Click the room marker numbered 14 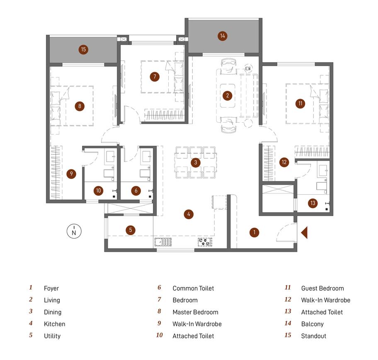(x=222, y=36)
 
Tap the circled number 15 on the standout (x=83, y=49)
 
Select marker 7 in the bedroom (x=155, y=77)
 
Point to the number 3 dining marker (x=196, y=162)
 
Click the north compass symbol (x=74, y=231)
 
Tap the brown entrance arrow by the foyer (x=304, y=233)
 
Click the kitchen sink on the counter (x=163, y=242)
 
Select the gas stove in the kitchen (x=205, y=242)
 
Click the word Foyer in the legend (x=51, y=288)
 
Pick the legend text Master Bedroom (x=195, y=312)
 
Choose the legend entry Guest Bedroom (x=322, y=288)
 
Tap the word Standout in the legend (x=314, y=336)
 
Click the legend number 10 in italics (x=159, y=335)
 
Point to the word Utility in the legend (x=52, y=336)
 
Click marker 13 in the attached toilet (x=313, y=203)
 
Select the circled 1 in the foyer (x=254, y=232)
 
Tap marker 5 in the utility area (x=131, y=230)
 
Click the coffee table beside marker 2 (x=228, y=96)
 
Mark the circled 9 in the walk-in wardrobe (x=71, y=174)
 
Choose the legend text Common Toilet (x=193, y=288)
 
